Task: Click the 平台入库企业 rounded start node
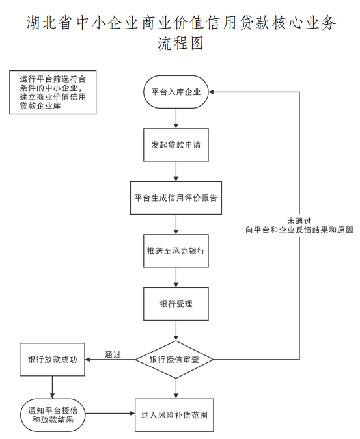pos(176,92)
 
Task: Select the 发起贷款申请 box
pos(176,144)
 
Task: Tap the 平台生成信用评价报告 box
pos(176,198)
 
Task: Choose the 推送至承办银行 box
pos(176,250)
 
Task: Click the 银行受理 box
pos(176,304)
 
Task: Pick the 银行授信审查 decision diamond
pos(174,360)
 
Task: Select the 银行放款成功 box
pos(53,359)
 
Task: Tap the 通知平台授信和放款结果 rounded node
pos(53,414)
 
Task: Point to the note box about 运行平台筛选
pos(53,92)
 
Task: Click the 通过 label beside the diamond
pos(113,354)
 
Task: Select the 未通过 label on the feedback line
pos(299,220)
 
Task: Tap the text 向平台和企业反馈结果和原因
pos(299,230)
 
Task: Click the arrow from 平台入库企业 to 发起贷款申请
pos(176,118)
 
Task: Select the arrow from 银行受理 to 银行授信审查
pos(176,330)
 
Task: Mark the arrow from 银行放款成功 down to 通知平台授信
pos(53,387)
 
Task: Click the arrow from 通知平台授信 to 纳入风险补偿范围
pos(110,414)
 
